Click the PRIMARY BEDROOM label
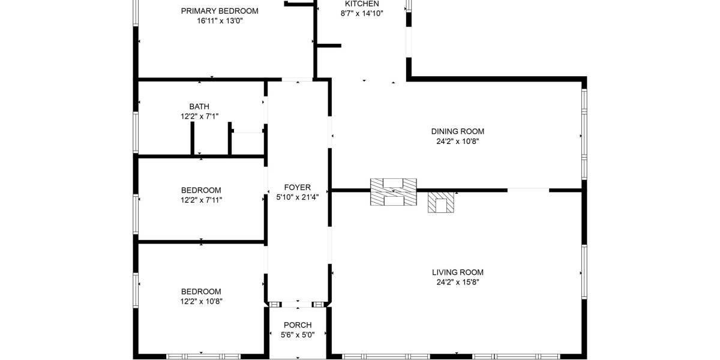click(220, 11)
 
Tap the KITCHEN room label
click(362, 4)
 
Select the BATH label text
click(199, 106)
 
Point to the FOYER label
click(298, 187)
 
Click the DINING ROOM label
click(458, 131)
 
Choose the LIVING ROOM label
click(458, 272)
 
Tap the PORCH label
click(298, 325)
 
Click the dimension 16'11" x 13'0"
click(220, 21)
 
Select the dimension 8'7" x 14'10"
click(362, 13)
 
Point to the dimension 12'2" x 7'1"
click(200, 116)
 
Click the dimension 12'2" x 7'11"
click(201, 200)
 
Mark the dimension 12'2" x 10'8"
click(201, 301)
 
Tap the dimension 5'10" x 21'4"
click(298, 197)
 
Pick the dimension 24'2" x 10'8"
click(458, 142)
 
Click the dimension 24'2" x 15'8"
click(458, 282)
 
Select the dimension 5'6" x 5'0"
click(298, 335)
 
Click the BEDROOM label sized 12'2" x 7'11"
click(201, 190)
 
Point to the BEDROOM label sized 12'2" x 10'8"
click(201, 292)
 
